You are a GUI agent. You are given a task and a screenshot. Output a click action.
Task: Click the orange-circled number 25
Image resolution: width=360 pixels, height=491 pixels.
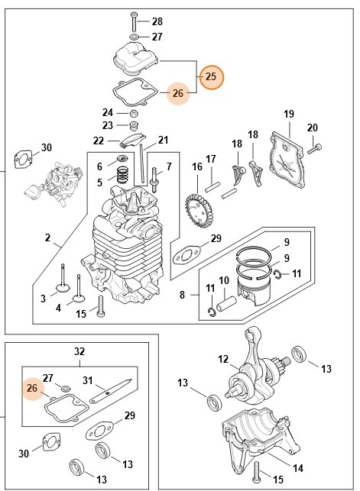point(212,76)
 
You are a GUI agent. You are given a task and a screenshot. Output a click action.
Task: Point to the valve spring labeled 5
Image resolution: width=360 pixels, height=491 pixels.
point(122,175)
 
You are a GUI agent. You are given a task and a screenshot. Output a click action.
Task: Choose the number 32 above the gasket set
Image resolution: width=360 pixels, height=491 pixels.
point(79,351)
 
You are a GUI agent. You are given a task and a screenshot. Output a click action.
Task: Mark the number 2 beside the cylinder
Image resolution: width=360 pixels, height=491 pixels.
point(47,237)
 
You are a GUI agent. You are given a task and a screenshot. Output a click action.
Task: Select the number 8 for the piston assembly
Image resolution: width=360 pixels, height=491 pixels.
point(183,295)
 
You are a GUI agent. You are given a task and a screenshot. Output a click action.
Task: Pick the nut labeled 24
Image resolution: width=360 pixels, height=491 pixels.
point(134,113)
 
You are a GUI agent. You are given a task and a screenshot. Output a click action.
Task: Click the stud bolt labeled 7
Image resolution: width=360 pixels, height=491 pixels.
point(154,179)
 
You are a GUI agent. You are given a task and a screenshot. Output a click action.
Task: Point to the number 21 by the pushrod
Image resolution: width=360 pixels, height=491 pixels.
point(164,140)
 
